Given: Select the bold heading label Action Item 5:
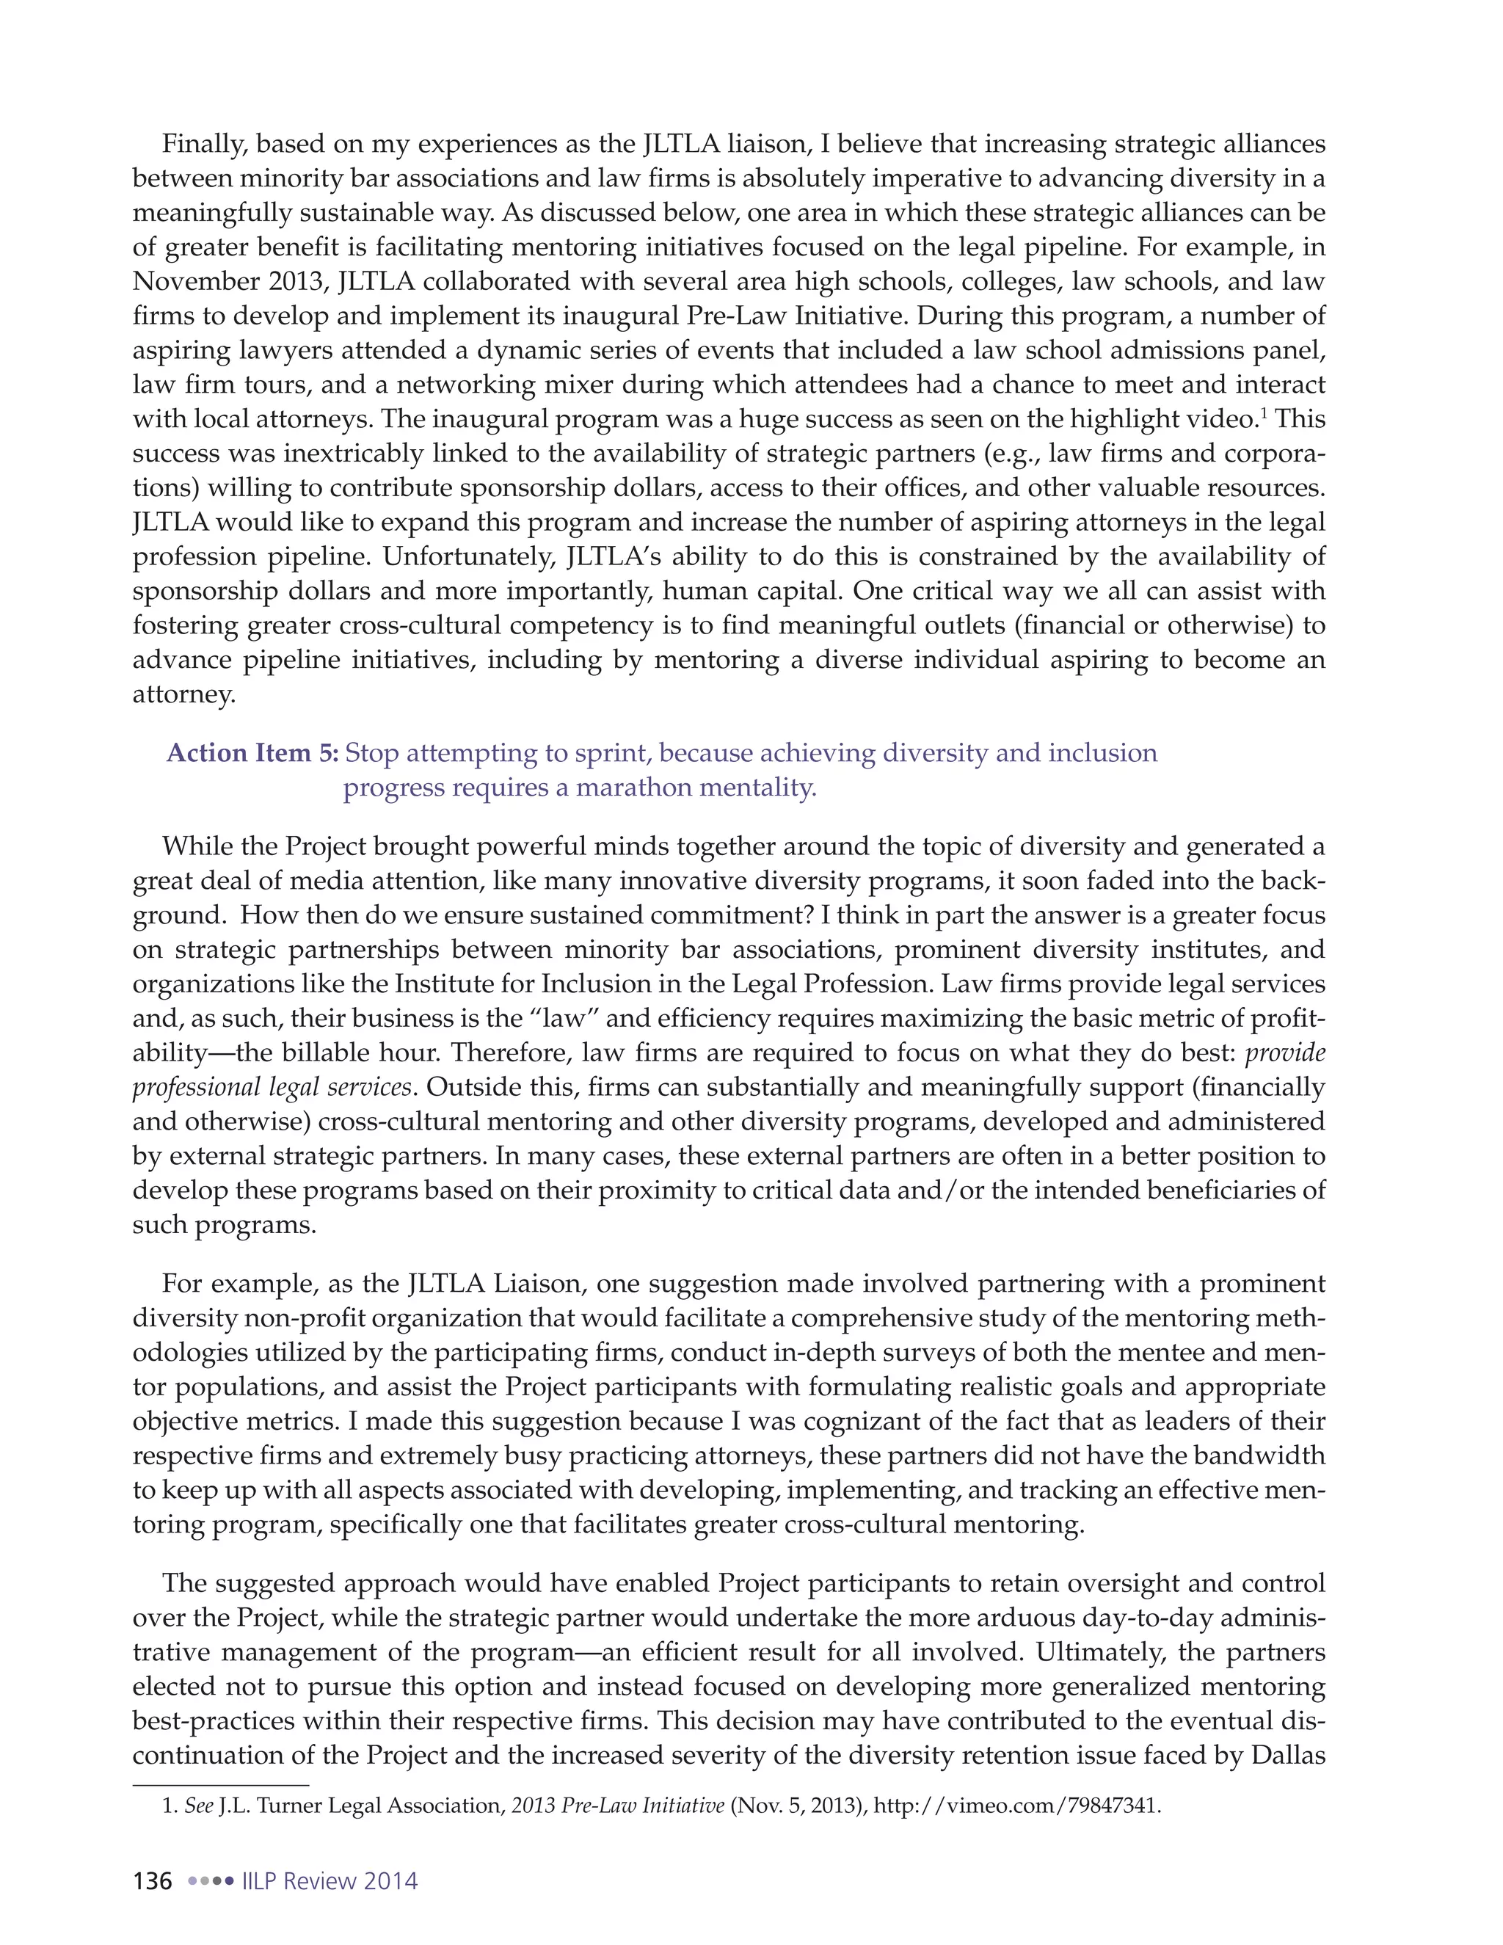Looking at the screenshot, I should tap(252, 754).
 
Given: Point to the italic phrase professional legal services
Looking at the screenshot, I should tap(272, 1088).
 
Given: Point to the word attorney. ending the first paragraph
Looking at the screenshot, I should tap(184, 694).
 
